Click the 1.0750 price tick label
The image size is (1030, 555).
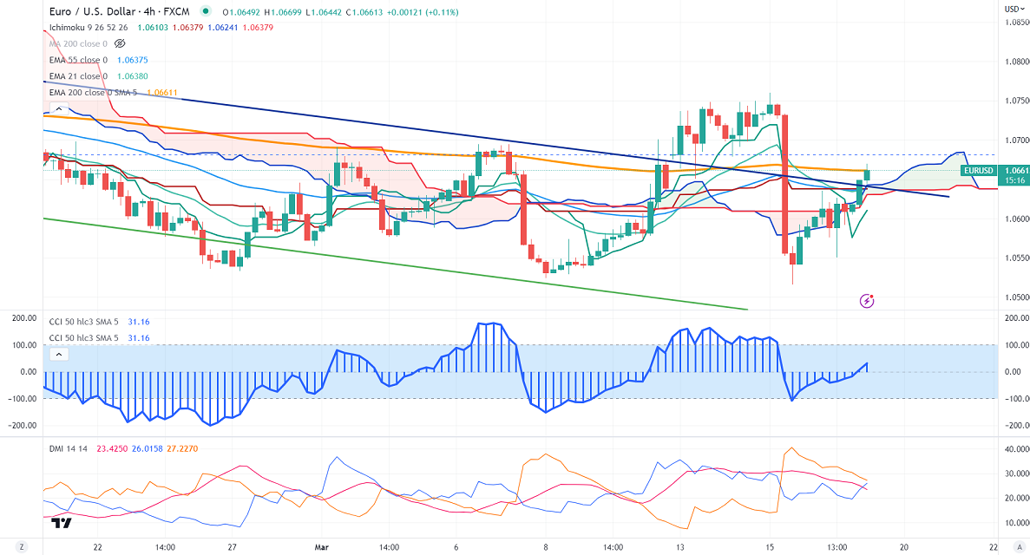(x=1013, y=101)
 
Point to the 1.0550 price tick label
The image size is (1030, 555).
(x=1013, y=258)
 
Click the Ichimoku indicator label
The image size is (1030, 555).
(x=71, y=27)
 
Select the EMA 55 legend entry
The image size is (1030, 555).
(x=78, y=60)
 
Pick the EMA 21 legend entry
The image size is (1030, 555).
(x=78, y=76)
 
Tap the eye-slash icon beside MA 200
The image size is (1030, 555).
(x=121, y=42)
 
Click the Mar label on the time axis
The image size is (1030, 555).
(x=320, y=547)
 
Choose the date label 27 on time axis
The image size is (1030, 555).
(x=233, y=547)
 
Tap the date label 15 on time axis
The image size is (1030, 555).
(x=769, y=547)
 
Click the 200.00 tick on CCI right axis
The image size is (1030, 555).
(x=1011, y=318)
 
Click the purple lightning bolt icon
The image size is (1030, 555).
(x=866, y=301)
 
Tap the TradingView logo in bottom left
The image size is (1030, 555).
(x=61, y=523)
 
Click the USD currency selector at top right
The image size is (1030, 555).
(x=1013, y=9)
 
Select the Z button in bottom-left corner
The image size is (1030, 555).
(x=23, y=547)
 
